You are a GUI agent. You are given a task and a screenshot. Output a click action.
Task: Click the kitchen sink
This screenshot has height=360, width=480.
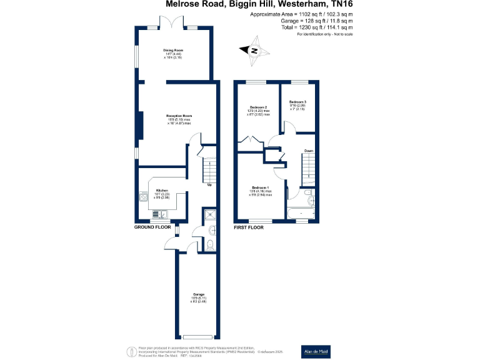pyautogui.click(x=157, y=215)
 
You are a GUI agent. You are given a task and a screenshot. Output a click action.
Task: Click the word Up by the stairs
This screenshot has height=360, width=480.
pyautogui.click(x=209, y=185)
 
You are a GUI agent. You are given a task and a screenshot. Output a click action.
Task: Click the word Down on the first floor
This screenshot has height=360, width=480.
pyautogui.click(x=309, y=151)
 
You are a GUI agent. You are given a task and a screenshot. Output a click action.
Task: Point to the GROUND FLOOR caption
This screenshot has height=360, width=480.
pyautogui.click(x=153, y=227)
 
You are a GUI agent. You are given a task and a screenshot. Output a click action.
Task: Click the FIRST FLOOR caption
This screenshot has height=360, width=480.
pyautogui.click(x=249, y=227)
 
